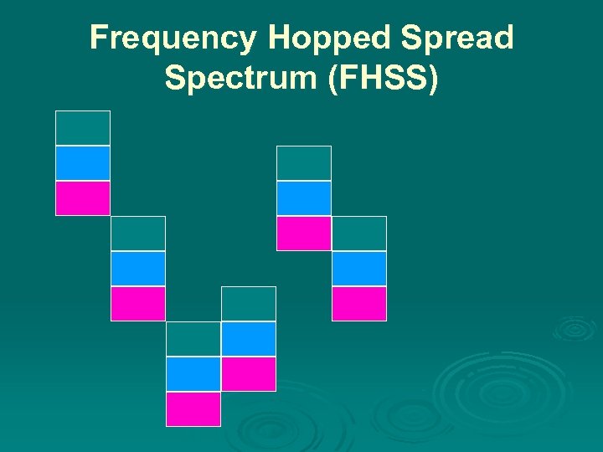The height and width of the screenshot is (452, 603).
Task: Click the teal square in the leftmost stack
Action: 83,128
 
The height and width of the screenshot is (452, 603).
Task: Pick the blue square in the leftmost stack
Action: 83,163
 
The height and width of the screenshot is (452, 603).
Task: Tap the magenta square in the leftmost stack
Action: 83,198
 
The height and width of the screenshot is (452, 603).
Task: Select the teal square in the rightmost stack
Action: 359,234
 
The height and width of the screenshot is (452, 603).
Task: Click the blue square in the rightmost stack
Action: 359,269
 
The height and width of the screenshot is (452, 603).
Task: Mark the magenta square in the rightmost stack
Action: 359,304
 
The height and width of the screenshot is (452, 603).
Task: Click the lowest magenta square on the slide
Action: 193,409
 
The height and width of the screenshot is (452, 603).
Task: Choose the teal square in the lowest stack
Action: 193,339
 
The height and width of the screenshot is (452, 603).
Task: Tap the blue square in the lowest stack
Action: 193,374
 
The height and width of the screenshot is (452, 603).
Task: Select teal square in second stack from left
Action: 138,234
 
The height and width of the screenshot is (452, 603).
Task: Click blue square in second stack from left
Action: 138,269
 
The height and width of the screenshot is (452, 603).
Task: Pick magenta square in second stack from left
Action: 138,304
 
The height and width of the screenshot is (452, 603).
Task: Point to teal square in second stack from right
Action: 304,163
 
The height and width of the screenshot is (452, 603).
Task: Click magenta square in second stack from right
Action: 304,234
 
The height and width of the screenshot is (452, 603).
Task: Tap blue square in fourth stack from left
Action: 249,339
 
